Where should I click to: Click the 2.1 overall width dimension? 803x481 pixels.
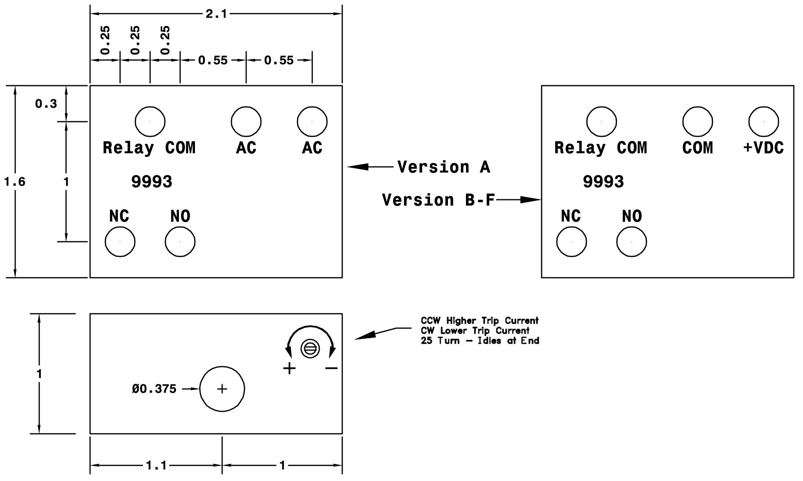216,14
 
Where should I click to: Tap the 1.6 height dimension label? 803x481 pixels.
15,182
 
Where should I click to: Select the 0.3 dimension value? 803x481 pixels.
46,104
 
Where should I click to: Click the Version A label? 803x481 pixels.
444,167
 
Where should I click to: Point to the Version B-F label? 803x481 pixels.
439,200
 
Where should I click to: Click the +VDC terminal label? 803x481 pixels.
763,148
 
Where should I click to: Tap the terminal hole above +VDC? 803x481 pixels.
763,121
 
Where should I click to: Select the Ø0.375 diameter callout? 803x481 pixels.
154,389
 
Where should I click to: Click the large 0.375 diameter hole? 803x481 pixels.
222,389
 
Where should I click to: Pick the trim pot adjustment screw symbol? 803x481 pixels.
310,349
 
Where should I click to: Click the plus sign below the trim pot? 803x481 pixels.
289,368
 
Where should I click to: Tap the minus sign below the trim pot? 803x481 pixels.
331,368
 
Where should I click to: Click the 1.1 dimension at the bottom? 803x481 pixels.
156,465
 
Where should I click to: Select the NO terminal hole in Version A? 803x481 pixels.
180,242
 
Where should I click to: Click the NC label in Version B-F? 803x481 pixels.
571,216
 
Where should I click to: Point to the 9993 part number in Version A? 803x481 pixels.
152,182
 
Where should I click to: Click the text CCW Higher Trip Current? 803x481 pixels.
480,321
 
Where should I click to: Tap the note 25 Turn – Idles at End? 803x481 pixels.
480,341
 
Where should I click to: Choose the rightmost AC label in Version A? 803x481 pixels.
312,148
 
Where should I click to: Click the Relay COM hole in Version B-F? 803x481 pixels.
601,121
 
